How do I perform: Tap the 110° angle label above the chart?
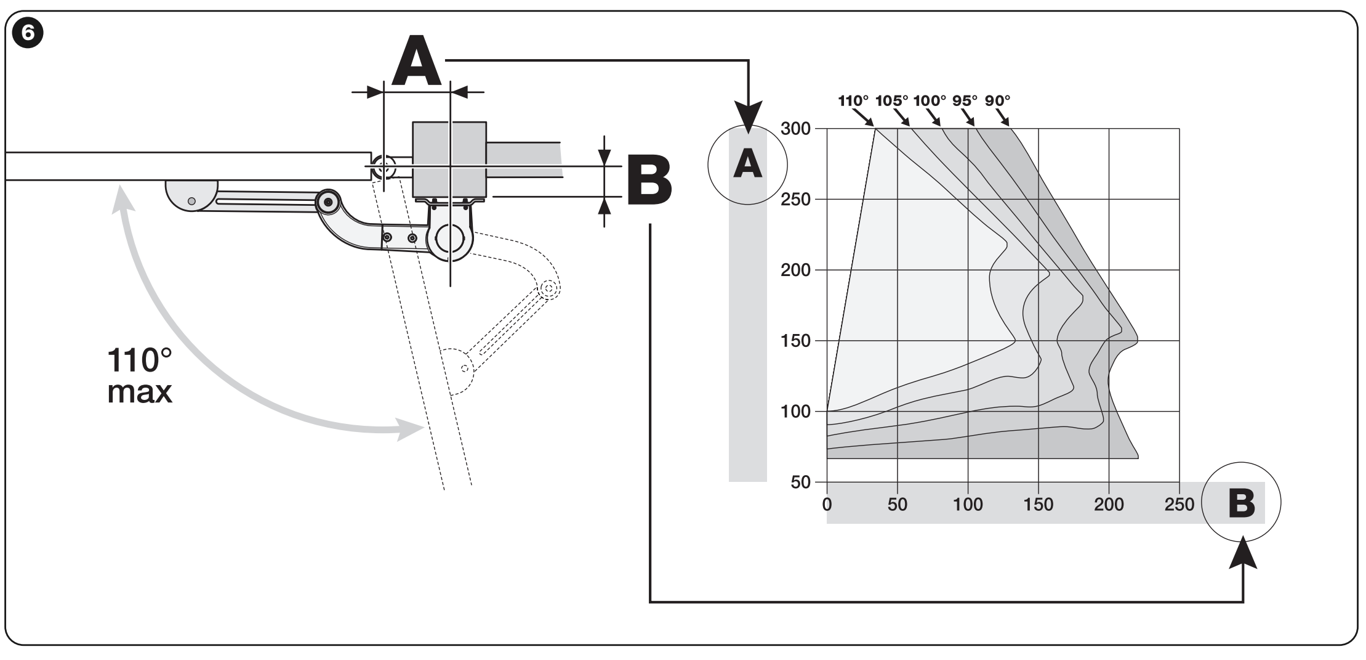(853, 100)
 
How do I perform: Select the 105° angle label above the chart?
(891, 100)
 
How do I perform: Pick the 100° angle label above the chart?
(930, 100)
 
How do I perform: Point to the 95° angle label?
(965, 100)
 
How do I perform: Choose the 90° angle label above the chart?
(998, 100)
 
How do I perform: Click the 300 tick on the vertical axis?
(795, 129)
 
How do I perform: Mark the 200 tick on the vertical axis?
(795, 270)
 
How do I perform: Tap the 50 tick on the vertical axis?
(800, 483)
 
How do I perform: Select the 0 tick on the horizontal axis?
(827, 504)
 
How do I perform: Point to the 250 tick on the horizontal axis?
(1179, 504)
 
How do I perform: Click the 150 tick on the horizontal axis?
(1039, 504)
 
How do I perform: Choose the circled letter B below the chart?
(1241, 502)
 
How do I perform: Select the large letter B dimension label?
(649, 181)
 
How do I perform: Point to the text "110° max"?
(140, 375)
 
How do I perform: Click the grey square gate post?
(449, 159)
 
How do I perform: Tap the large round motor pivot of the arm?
(451, 238)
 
